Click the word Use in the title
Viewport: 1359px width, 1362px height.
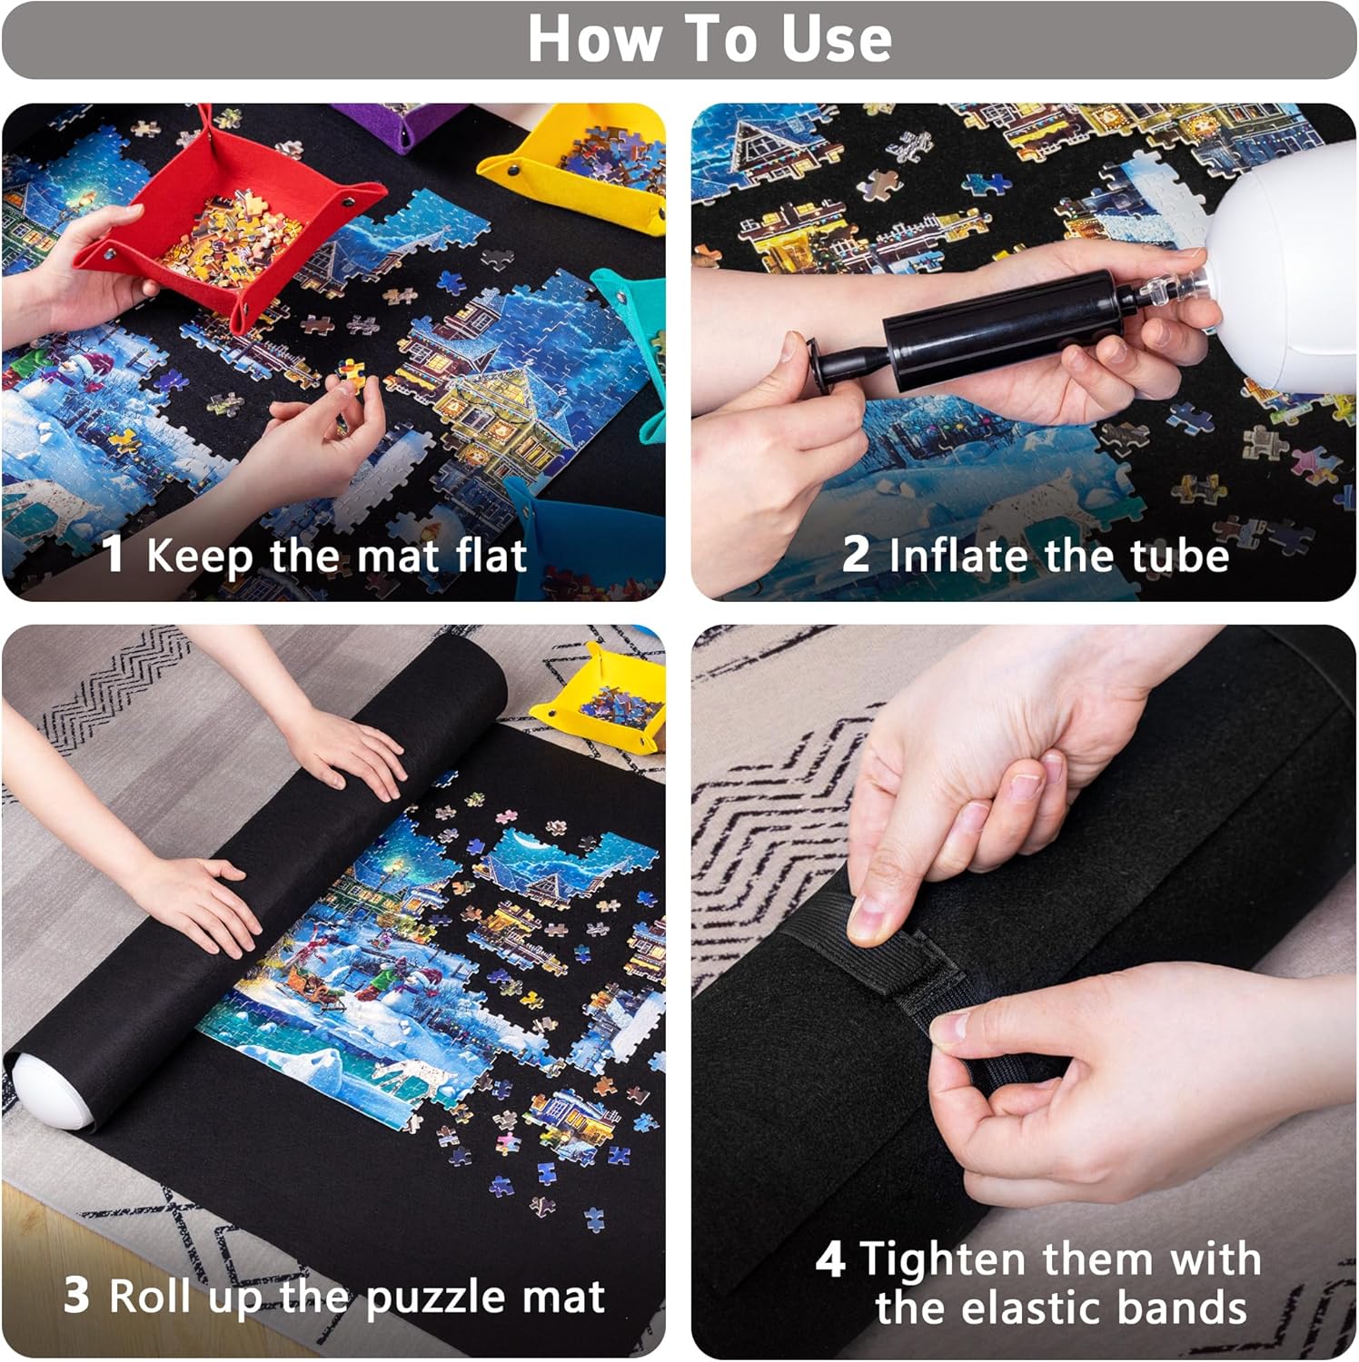[837, 39]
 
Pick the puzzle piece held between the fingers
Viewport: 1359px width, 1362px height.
[351, 373]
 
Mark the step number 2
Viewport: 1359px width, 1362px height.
[856, 554]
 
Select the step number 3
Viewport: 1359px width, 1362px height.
[76, 1296]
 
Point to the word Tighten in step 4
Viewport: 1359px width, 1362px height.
[945, 1259]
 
